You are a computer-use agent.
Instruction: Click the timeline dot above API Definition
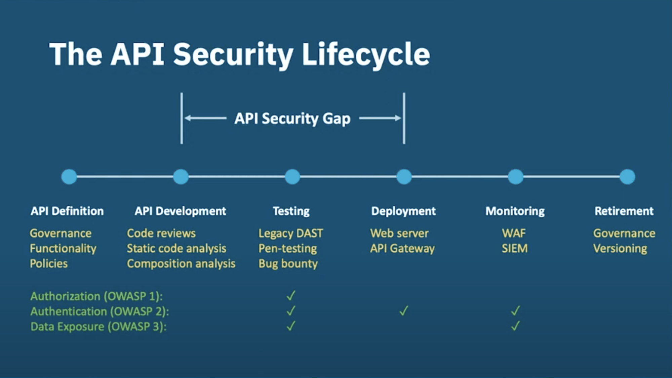click(69, 177)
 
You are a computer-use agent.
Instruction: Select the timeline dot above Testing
click(292, 177)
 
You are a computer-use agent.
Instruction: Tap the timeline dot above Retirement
click(627, 177)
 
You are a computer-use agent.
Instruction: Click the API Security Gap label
click(292, 119)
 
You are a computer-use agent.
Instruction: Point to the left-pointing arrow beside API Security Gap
click(205, 118)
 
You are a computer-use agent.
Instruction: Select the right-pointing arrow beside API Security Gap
click(380, 118)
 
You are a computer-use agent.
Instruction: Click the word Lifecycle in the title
click(366, 54)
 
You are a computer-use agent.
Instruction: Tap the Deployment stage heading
click(403, 211)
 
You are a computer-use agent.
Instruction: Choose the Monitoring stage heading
click(515, 211)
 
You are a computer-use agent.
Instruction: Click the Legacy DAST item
click(290, 233)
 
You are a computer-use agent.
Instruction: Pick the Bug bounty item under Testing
click(288, 263)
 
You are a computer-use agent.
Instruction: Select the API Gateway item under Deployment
click(402, 248)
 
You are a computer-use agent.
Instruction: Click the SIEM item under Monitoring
click(515, 248)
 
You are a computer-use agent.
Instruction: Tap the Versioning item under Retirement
click(620, 248)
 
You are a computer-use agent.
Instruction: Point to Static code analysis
click(176, 248)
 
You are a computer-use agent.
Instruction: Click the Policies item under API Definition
click(49, 263)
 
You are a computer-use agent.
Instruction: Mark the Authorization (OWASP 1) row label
click(96, 296)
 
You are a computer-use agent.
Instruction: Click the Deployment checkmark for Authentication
click(404, 311)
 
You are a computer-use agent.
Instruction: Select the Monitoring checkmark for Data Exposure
click(515, 326)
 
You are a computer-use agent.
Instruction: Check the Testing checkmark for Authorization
click(291, 295)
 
